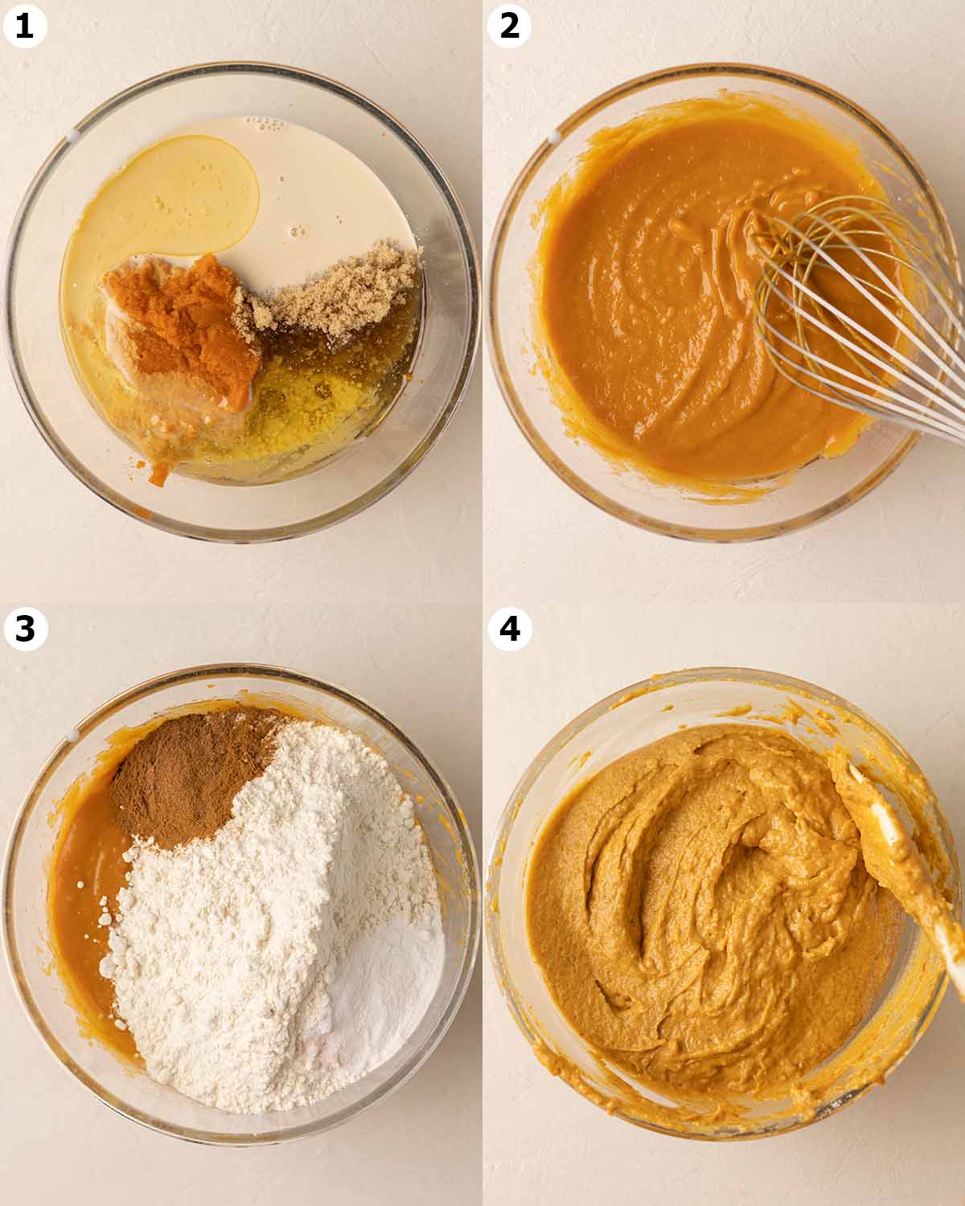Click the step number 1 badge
24,26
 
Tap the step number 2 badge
509,26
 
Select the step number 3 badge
25,629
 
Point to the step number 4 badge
510,629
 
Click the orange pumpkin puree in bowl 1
185,330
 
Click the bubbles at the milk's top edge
265,124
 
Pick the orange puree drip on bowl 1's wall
158,474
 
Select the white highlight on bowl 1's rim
73,135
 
